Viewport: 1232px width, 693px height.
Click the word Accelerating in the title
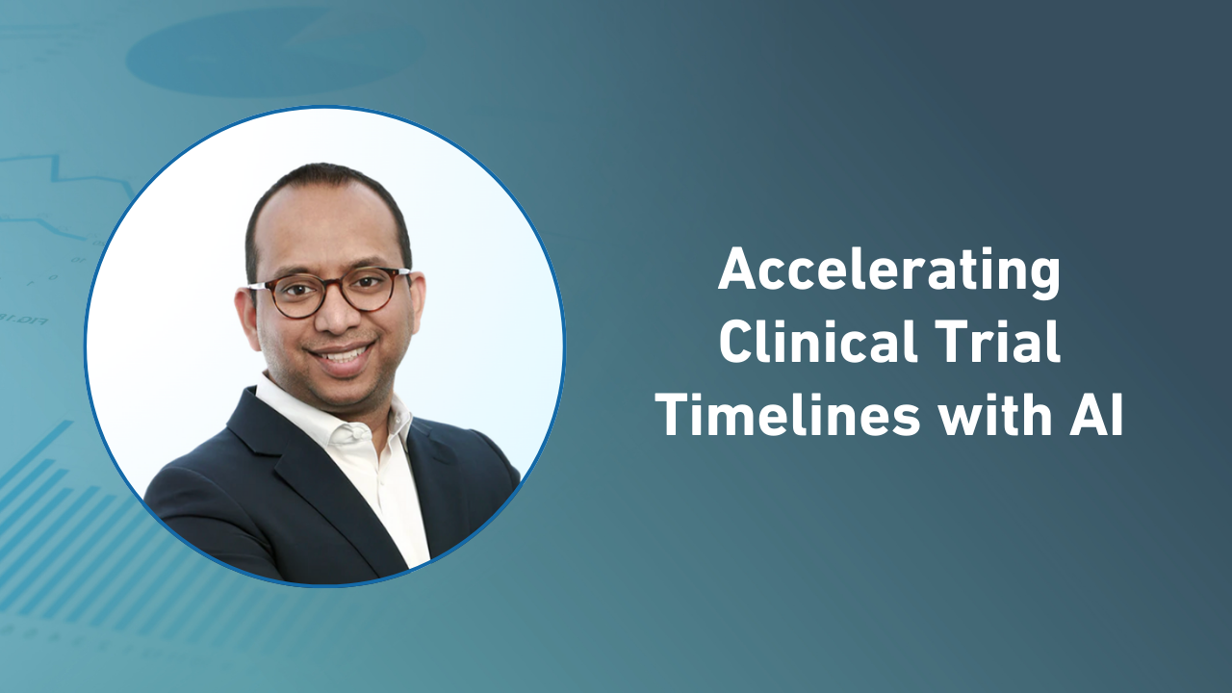(888, 271)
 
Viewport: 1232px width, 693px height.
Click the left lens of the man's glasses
(295, 295)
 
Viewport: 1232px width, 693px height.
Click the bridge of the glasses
(334, 288)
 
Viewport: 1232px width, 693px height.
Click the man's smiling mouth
(342, 357)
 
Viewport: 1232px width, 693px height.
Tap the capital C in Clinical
(734, 344)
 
